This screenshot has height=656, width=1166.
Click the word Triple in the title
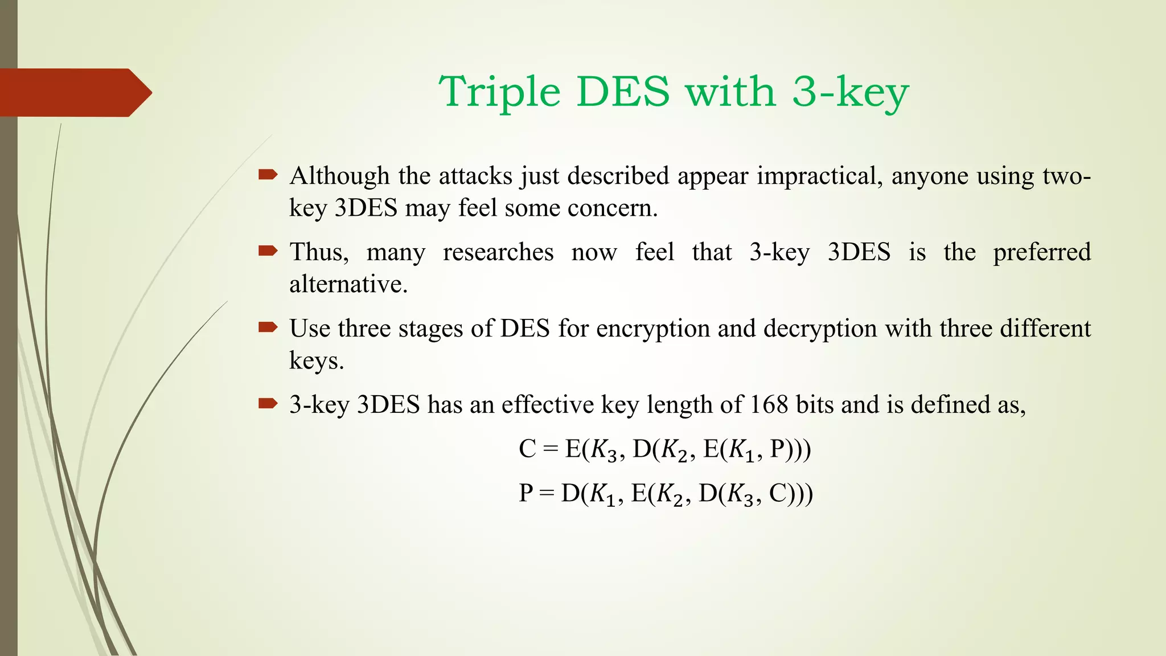(499, 92)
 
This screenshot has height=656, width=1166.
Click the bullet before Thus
(268, 251)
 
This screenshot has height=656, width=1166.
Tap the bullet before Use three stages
(268, 327)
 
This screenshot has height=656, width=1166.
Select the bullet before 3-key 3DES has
(268, 404)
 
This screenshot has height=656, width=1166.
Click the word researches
(498, 252)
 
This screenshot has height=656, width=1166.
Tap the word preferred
(1042, 253)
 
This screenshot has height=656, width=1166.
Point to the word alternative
(348, 284)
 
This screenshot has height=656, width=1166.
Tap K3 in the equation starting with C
(603, 450)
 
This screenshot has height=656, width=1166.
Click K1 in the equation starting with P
(602, 494)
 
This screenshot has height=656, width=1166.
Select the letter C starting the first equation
(527, 449)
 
